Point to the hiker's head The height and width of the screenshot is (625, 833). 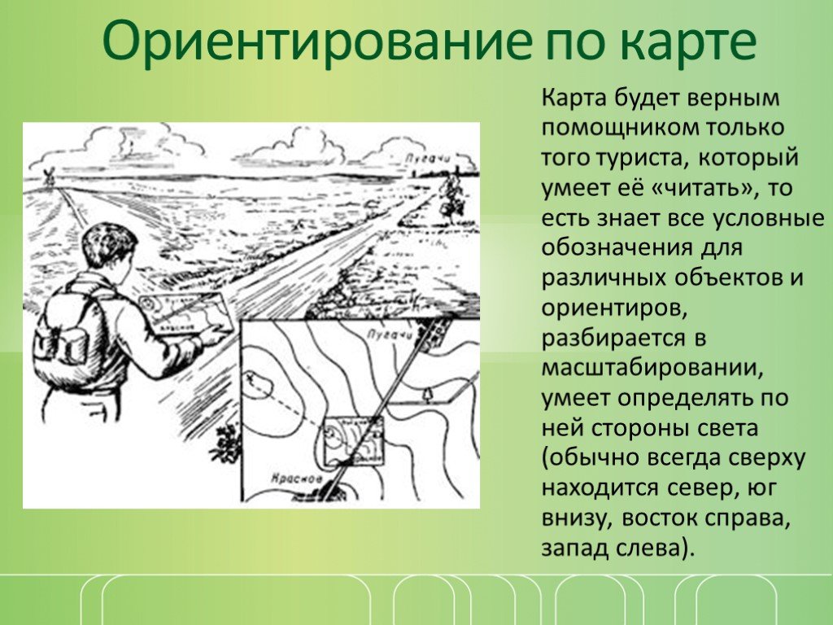(108, 250)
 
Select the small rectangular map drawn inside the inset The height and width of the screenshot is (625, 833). (353, 440)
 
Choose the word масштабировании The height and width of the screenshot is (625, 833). (652, 369)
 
